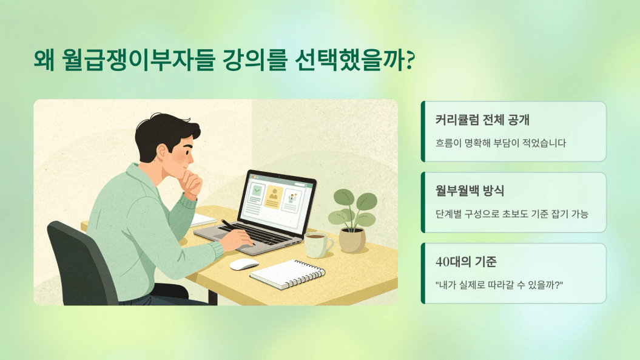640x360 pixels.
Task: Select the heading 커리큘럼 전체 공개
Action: click(482, 120)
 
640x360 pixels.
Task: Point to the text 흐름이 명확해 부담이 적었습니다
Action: click(501, 143)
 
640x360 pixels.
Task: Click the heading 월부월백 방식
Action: click(470, 191)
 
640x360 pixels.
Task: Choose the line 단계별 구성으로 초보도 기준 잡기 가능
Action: click(512, 214)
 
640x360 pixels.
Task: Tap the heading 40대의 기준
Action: click(466, 262)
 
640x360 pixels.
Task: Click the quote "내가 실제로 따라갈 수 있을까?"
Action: click(499, 285)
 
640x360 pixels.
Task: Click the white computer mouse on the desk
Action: click(244, 264)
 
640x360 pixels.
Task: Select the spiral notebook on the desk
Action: click(288, 274)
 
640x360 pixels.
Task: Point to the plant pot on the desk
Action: click(352, 240)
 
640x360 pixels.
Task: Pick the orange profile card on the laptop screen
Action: click(272, 197)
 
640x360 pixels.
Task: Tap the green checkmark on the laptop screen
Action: click(257, 190)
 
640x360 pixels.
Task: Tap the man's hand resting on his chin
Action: click(192, 183)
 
